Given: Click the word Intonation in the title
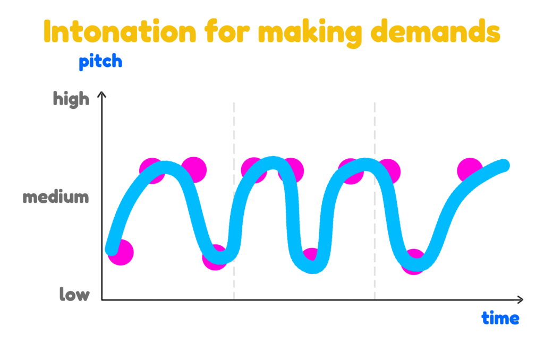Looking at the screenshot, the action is pos(120,31).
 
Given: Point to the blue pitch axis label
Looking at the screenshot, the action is pos(100,62).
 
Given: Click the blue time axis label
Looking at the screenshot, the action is pos(500,318).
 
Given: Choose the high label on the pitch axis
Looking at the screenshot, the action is pos(71,99).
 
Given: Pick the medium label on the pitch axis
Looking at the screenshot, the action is pos(56,196).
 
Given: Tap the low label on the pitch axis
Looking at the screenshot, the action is pos(74,294).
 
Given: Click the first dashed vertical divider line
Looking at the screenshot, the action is pos(234,201).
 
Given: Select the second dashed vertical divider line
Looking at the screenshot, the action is pos(375,201).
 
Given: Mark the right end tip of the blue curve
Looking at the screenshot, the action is pos(505,166).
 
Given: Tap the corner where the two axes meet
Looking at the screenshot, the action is pos(101,299).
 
